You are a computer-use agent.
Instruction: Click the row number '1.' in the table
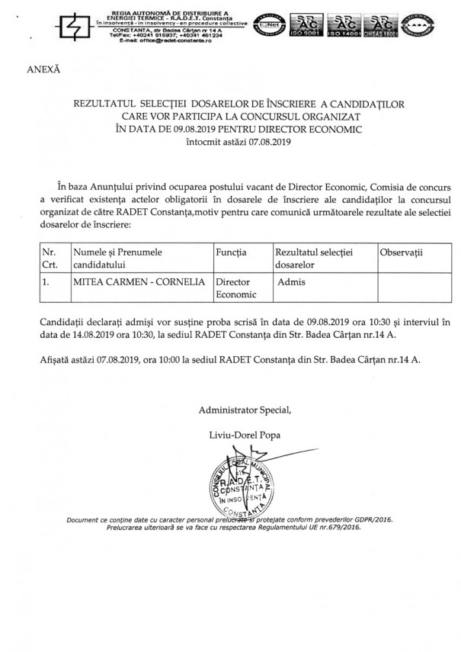point(46,281)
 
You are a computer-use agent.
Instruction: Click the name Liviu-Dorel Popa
point(247,435)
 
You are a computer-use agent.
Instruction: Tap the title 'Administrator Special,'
point(245,410)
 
